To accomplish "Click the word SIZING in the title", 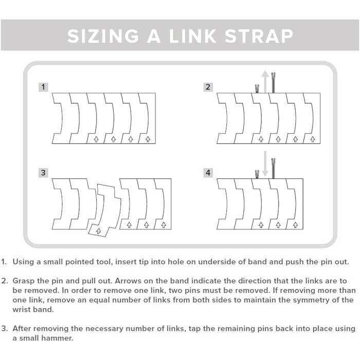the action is (103, 36).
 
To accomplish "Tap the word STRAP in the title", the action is (259, 36).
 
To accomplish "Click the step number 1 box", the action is (43, 87).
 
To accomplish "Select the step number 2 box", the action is (208, 87).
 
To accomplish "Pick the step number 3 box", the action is (43, 173).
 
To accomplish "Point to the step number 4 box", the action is (208, 173).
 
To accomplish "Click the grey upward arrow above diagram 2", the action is (265, 81).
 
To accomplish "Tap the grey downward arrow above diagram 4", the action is (265, 164).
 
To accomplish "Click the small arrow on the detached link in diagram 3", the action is (99, 231).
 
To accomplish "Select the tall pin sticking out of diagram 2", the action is (273, 83).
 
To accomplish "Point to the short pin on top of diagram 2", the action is (257, 89).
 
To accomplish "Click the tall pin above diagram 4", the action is (273, 169).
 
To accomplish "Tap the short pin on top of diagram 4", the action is (257, 174).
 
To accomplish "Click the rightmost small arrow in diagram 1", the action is (148, 139).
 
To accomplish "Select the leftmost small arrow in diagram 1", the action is (96, 139).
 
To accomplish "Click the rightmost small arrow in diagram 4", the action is (296, 225).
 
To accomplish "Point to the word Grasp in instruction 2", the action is (24, 281).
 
